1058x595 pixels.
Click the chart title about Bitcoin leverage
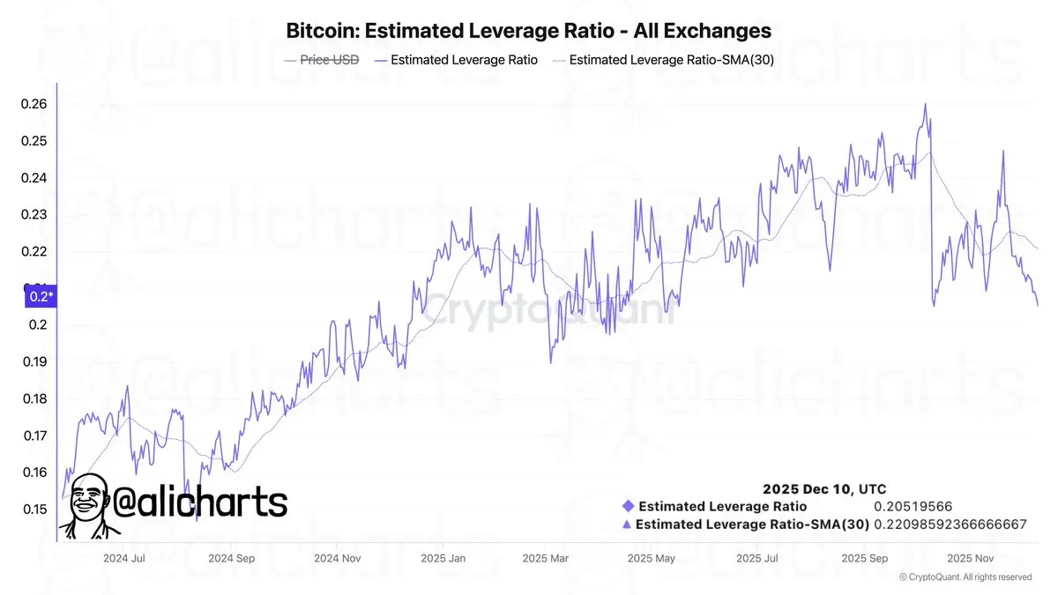pos(528,31)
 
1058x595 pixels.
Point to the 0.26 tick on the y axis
pos(34,104)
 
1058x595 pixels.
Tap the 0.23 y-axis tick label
pos(34,214)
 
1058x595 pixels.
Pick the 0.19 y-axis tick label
pos(35,361)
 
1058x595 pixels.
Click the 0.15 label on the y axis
pos(35,509)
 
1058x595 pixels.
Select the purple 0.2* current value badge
pos(41,296)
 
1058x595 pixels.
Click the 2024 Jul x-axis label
pos(124,558)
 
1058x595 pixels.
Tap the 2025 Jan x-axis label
pos(443,558)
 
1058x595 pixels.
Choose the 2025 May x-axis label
pos(652,558)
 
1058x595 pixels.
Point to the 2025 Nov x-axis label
pos(971,558)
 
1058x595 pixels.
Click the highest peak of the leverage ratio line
pos(925,104)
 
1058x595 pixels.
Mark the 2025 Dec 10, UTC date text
pos(824,488)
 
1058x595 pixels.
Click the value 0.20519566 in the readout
pos(913,506)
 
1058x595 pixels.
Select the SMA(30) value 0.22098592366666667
pos(950,524)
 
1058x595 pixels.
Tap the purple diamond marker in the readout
pos(628,506)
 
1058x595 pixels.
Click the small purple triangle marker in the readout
pos(627,524)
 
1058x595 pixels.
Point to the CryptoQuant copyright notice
pos(965,577)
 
